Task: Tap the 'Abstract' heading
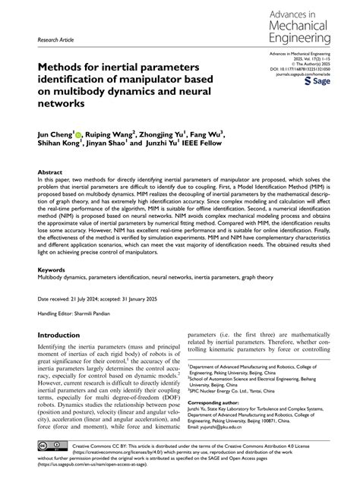[51, 173]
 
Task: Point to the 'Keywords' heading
[52, 269]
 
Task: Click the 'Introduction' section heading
[64, 335]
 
